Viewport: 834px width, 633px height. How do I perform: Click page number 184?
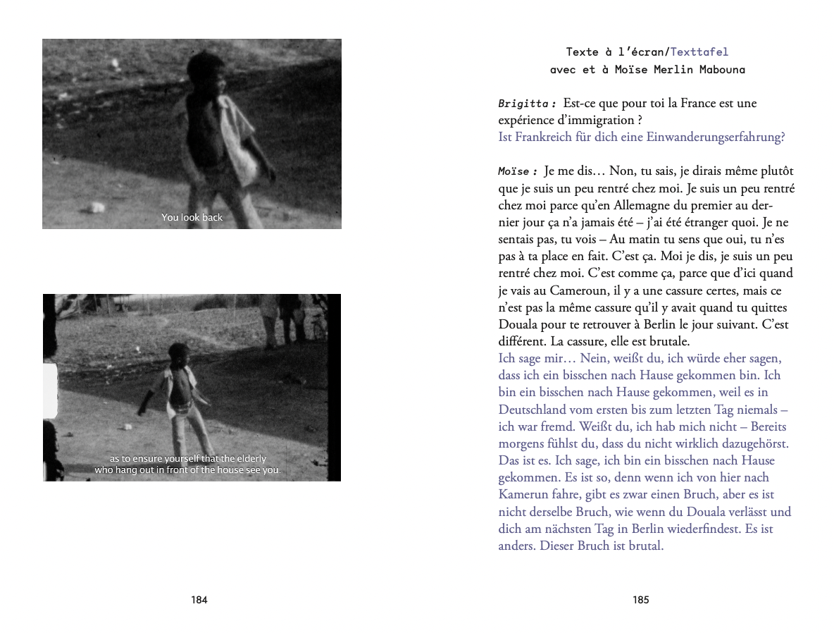[199, 601]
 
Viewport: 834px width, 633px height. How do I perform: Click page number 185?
[640, 601]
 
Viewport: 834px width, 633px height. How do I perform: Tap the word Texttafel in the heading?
[699, 51]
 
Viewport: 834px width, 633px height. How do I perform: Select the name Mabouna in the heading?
[721, 69]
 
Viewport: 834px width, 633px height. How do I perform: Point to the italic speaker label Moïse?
[518, 171]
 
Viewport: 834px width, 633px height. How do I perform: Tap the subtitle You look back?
[192, 217]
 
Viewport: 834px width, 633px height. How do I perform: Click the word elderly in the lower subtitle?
[250, 459]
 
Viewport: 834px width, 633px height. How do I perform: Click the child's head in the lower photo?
[179, 355]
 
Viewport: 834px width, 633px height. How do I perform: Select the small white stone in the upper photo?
[97, 207]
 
